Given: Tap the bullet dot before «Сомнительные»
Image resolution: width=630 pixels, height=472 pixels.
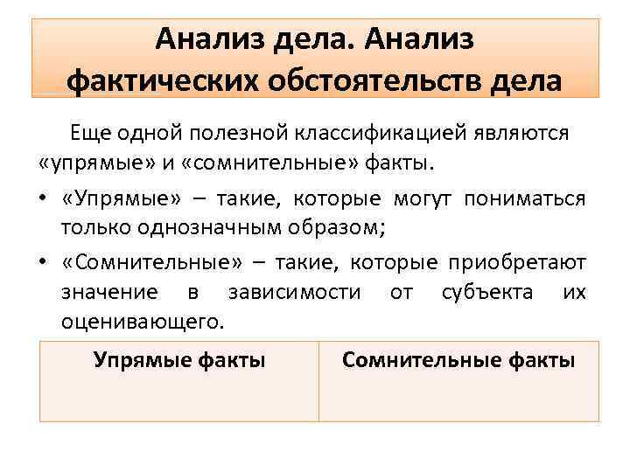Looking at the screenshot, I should point(45,263).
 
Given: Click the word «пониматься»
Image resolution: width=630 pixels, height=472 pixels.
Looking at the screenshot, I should point(526,198).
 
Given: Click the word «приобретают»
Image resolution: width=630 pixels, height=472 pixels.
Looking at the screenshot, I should point(517,262).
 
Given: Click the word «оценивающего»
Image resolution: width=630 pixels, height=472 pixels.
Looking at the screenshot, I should point(143,321).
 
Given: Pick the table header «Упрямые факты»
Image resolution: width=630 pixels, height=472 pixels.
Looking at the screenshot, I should point(179,359).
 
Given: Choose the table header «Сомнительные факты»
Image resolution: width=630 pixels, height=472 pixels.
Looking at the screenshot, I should point(458,359).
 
